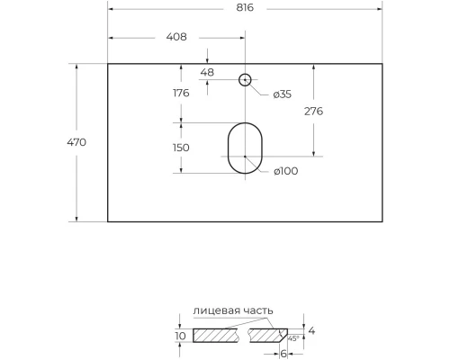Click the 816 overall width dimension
[x=244, y=7]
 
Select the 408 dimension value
[x=175, y=37]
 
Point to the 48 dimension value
[x=207, y=72]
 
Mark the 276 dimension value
[x=313, y=111]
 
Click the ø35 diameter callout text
[x=283, y=94]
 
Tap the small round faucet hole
[x=244, y=80]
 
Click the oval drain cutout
[x=244, y=148]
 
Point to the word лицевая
[x=216, y=310]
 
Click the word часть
[x=256, y=310]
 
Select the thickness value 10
[x=180, y=336]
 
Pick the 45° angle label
[x=292, y=339]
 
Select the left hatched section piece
[x=217, y=336]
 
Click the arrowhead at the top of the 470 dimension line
[x=76, y=67]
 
